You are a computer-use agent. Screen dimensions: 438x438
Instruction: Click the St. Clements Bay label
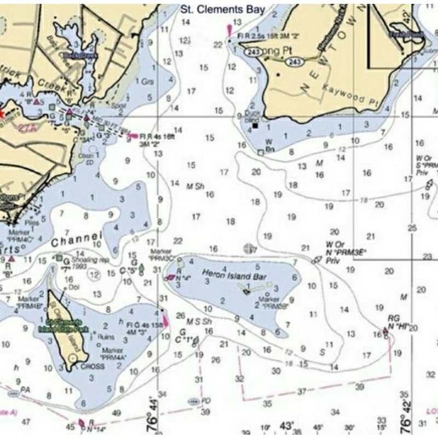tap(223, 9)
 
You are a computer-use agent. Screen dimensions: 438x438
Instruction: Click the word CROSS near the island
tap(93, 366)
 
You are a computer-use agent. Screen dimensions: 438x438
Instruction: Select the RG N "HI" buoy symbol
tap(385, 331)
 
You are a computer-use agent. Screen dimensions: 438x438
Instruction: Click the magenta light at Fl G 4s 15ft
tap(165, 321)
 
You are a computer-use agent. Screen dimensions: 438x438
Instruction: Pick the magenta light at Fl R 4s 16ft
tap(132, 135)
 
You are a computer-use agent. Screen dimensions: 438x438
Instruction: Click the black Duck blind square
tap(255, 126)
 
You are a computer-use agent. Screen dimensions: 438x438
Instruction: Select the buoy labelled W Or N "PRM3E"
tap(316, 260)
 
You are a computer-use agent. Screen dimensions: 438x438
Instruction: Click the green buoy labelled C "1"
tap(195, 341)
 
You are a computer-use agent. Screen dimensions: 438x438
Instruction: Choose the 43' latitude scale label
tap(286, 425)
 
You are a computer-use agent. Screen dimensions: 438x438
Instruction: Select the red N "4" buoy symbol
tap(168, 278)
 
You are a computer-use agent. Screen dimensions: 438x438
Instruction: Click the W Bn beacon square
tap(261, 152)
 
